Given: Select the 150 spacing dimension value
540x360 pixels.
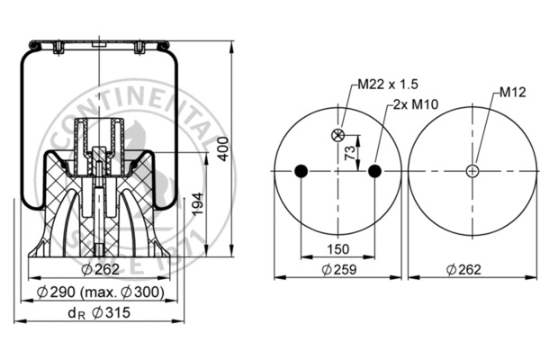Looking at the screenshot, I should point(337,249).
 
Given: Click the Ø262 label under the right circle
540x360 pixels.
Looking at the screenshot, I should point(463,270).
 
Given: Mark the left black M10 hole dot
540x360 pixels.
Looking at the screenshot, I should point(301,172).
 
